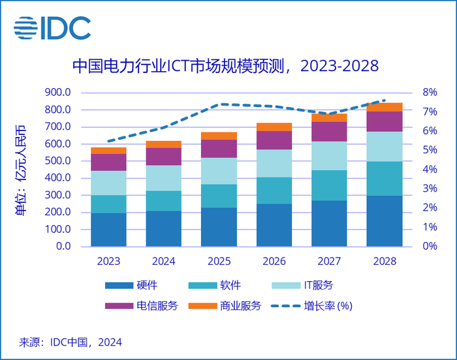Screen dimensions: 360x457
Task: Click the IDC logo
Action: [52, 27]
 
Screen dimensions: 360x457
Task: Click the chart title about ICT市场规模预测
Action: [225, 67]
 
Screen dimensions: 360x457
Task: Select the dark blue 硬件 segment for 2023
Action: [108, 230]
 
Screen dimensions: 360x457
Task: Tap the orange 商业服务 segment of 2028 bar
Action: [384, 108]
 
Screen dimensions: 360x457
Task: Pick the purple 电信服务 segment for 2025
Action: [219, 149]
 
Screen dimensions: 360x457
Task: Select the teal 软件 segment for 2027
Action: [329, 185]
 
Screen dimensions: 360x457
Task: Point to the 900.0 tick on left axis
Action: [57, 92]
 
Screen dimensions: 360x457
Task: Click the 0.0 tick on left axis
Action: [63, 247]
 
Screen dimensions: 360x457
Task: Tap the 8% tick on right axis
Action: [430, 92]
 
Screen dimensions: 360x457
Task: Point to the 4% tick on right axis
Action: [430, 170]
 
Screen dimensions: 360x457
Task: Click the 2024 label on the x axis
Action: [164, 262]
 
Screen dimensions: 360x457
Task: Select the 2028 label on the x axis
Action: [384, 262]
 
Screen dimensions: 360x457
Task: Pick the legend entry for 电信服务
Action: [140, 306]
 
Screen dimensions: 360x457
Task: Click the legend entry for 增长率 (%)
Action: [313, 306]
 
